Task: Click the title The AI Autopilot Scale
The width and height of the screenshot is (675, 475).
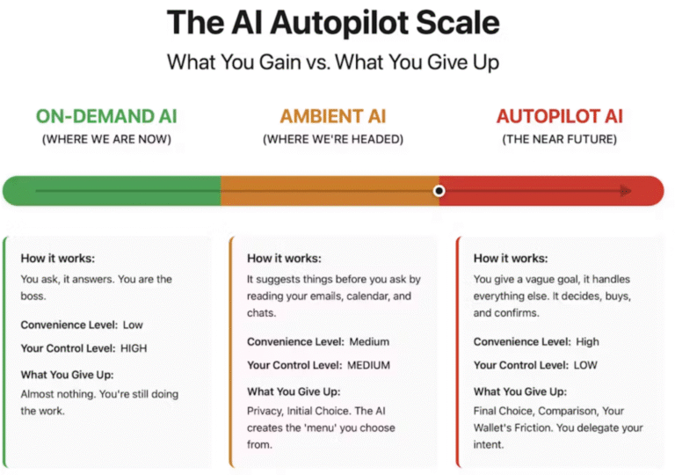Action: (333, 23)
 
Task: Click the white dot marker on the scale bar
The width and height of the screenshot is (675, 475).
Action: (439, 191)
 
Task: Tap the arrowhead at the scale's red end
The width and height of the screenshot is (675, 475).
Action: (626, 191)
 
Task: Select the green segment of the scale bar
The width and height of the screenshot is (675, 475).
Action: (110, 191)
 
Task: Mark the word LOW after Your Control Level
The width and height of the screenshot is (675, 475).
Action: (585, 365)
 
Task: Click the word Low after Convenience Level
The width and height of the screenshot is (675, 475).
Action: (133, 325)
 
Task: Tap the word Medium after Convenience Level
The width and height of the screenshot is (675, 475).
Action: (369, 342)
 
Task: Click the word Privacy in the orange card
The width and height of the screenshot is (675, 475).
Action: (265, 411)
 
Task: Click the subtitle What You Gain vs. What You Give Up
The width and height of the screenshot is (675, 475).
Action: (333, 62)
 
